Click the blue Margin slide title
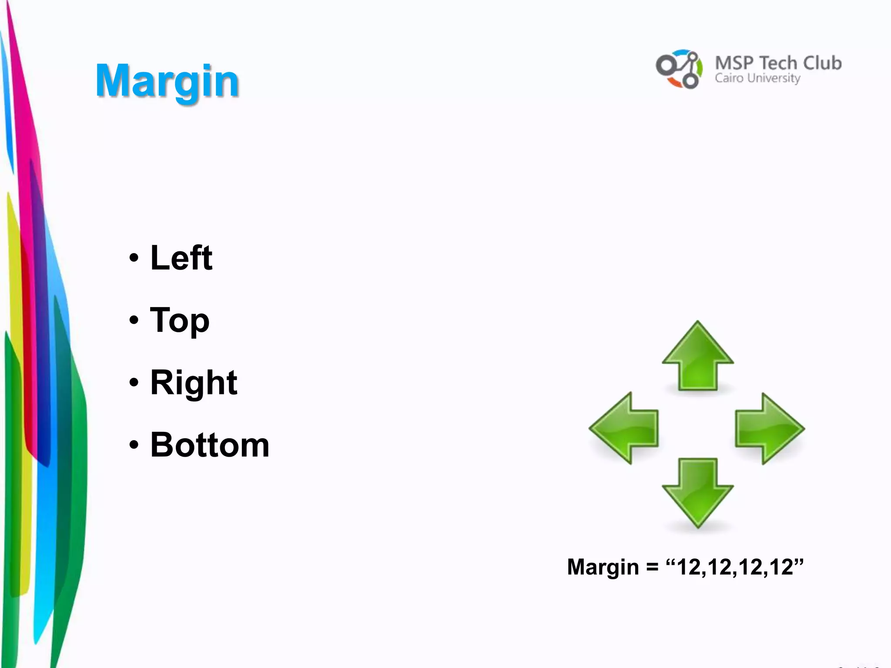point(167,81)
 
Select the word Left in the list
point(181,258)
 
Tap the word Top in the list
point(179,321)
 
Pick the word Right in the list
point(194,383)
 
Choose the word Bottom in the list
point(210,445)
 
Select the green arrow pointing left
point(624,428)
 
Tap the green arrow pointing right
point(769,429)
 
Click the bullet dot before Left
point(134,258)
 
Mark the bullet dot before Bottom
point(134,445)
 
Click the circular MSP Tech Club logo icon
point(679,69)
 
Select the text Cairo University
point(757,78)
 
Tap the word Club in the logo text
point(822,63)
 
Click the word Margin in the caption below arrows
point(603,567)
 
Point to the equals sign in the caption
point(652,568)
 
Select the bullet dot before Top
point(134,321)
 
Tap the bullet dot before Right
point(134,383)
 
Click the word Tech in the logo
point(778,63)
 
